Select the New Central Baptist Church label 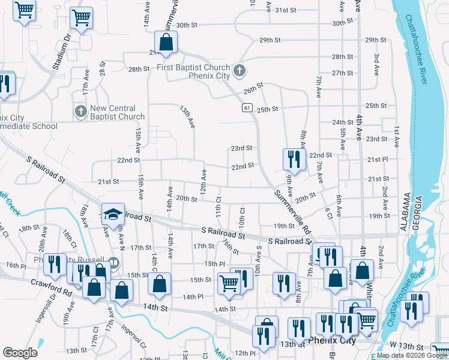tap(117, 112)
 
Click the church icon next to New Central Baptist tap(80, 112)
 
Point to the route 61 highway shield tap(247, 107)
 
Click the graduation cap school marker tap(112, 214)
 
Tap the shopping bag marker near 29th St tap(166, 42)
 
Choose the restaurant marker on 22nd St tap(292, 158)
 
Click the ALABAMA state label tap(406, 212)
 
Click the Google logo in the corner tap(20, 353)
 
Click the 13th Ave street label tap(188, 116)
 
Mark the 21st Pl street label tap(378, 160)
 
